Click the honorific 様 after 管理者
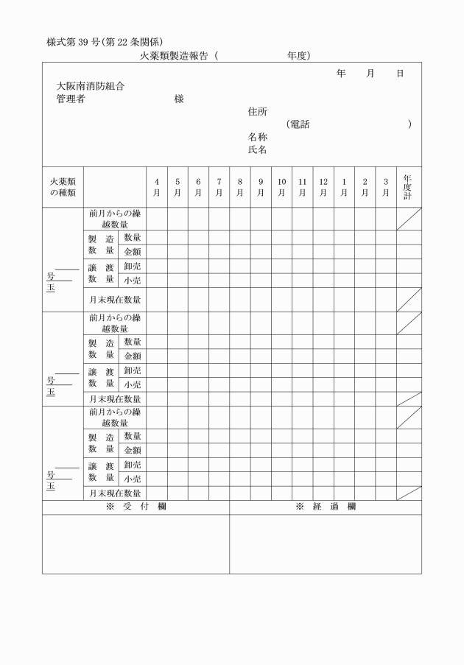pos(178,99)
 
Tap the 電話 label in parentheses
pos(299,124)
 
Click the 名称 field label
pos(257,137)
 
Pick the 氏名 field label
pos(257,149)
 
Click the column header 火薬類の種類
pos(63,187)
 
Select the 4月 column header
pos(157,187)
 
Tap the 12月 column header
pos(323,187)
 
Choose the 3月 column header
pos(385,187)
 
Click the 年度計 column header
pos(409,187)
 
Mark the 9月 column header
pos(261,187)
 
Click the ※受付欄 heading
pos(136,507)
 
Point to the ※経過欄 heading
pos(326,507)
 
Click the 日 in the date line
pos(400,74)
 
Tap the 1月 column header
pos(344,187)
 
